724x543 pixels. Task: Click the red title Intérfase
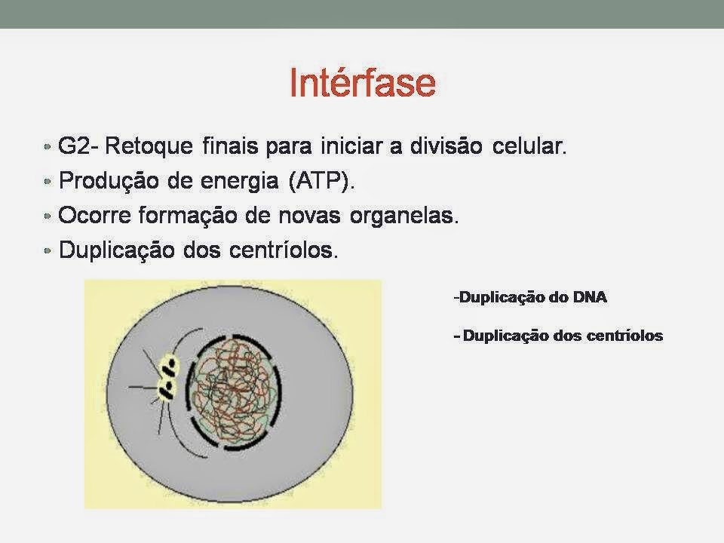pyautogui.click(x=363, y=82)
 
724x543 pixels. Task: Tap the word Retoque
pyautogui.click(x=149, y=147)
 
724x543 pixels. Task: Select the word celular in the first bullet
pyautogui.click(x=529, y=146)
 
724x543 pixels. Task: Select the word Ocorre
pyautogui.click(x=95, y=215)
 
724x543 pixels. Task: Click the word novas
pyautogui.click(x=310, y=216)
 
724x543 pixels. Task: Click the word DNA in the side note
pyautogui.click(x=590, y=297)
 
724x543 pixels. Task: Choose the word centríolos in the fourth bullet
pyautogui.click(x=284, y=250)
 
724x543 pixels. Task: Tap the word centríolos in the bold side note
pyautogui.click(x=624, y=335)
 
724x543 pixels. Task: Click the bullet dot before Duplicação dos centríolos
pyautogui.click(x=47, y=250)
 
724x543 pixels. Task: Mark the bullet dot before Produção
pyautogui.click(x=47, y=181)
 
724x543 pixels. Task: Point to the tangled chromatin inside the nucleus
pyautogui.click(x=234, y=392)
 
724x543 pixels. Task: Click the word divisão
pyautogui.click(x=446, y=146)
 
